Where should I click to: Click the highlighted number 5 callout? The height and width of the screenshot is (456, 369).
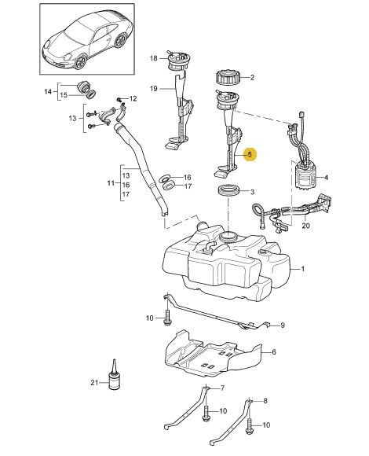pos(250,155)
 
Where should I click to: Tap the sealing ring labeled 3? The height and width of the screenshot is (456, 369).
pos(228,191)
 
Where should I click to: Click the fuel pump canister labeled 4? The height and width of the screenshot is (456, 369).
pos(305,177)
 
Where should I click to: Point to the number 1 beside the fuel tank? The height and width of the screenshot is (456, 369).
pos(302,269)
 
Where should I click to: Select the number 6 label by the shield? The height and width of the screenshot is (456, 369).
pos(274,352)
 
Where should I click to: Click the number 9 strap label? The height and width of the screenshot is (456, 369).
pos(283,325)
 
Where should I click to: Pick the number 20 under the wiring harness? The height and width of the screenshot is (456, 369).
pos(305,226)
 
